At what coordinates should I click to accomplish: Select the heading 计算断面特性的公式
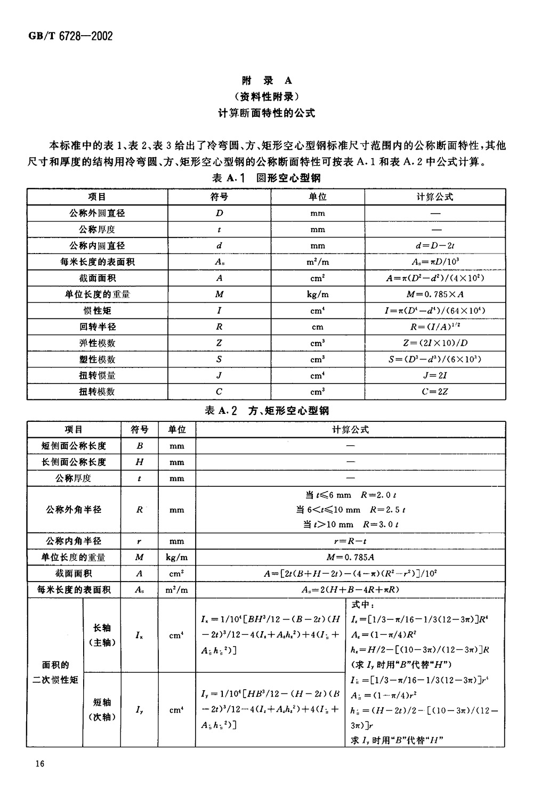[x=266, y=113]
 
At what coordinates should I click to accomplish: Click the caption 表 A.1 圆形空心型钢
[x=266, y=178]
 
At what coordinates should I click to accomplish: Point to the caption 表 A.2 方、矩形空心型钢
[x=266, y=411]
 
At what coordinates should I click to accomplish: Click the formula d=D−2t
[x=435, y=246]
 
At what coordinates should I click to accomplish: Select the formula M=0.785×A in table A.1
[x=435, y=294]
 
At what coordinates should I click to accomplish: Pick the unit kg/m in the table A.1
[x=318, y=294]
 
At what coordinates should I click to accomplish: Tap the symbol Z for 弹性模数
[x=219, y=343]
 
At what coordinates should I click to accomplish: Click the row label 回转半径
[x=97, y=326]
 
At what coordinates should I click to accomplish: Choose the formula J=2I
[x=435, y=375]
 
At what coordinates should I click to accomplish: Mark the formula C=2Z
[x=435, y=391]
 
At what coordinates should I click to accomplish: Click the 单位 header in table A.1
[x=318, y=197]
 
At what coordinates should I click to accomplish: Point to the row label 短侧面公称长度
[x=74, y=446]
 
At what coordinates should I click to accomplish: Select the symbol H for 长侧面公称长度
[x=140, y=462]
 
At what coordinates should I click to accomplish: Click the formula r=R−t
[x=350, y=541]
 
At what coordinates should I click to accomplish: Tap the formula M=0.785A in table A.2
[x=350, y=557]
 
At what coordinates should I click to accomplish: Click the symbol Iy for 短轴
[x=140, y=709]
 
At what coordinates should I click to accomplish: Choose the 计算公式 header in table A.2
[x=350, y=429]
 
